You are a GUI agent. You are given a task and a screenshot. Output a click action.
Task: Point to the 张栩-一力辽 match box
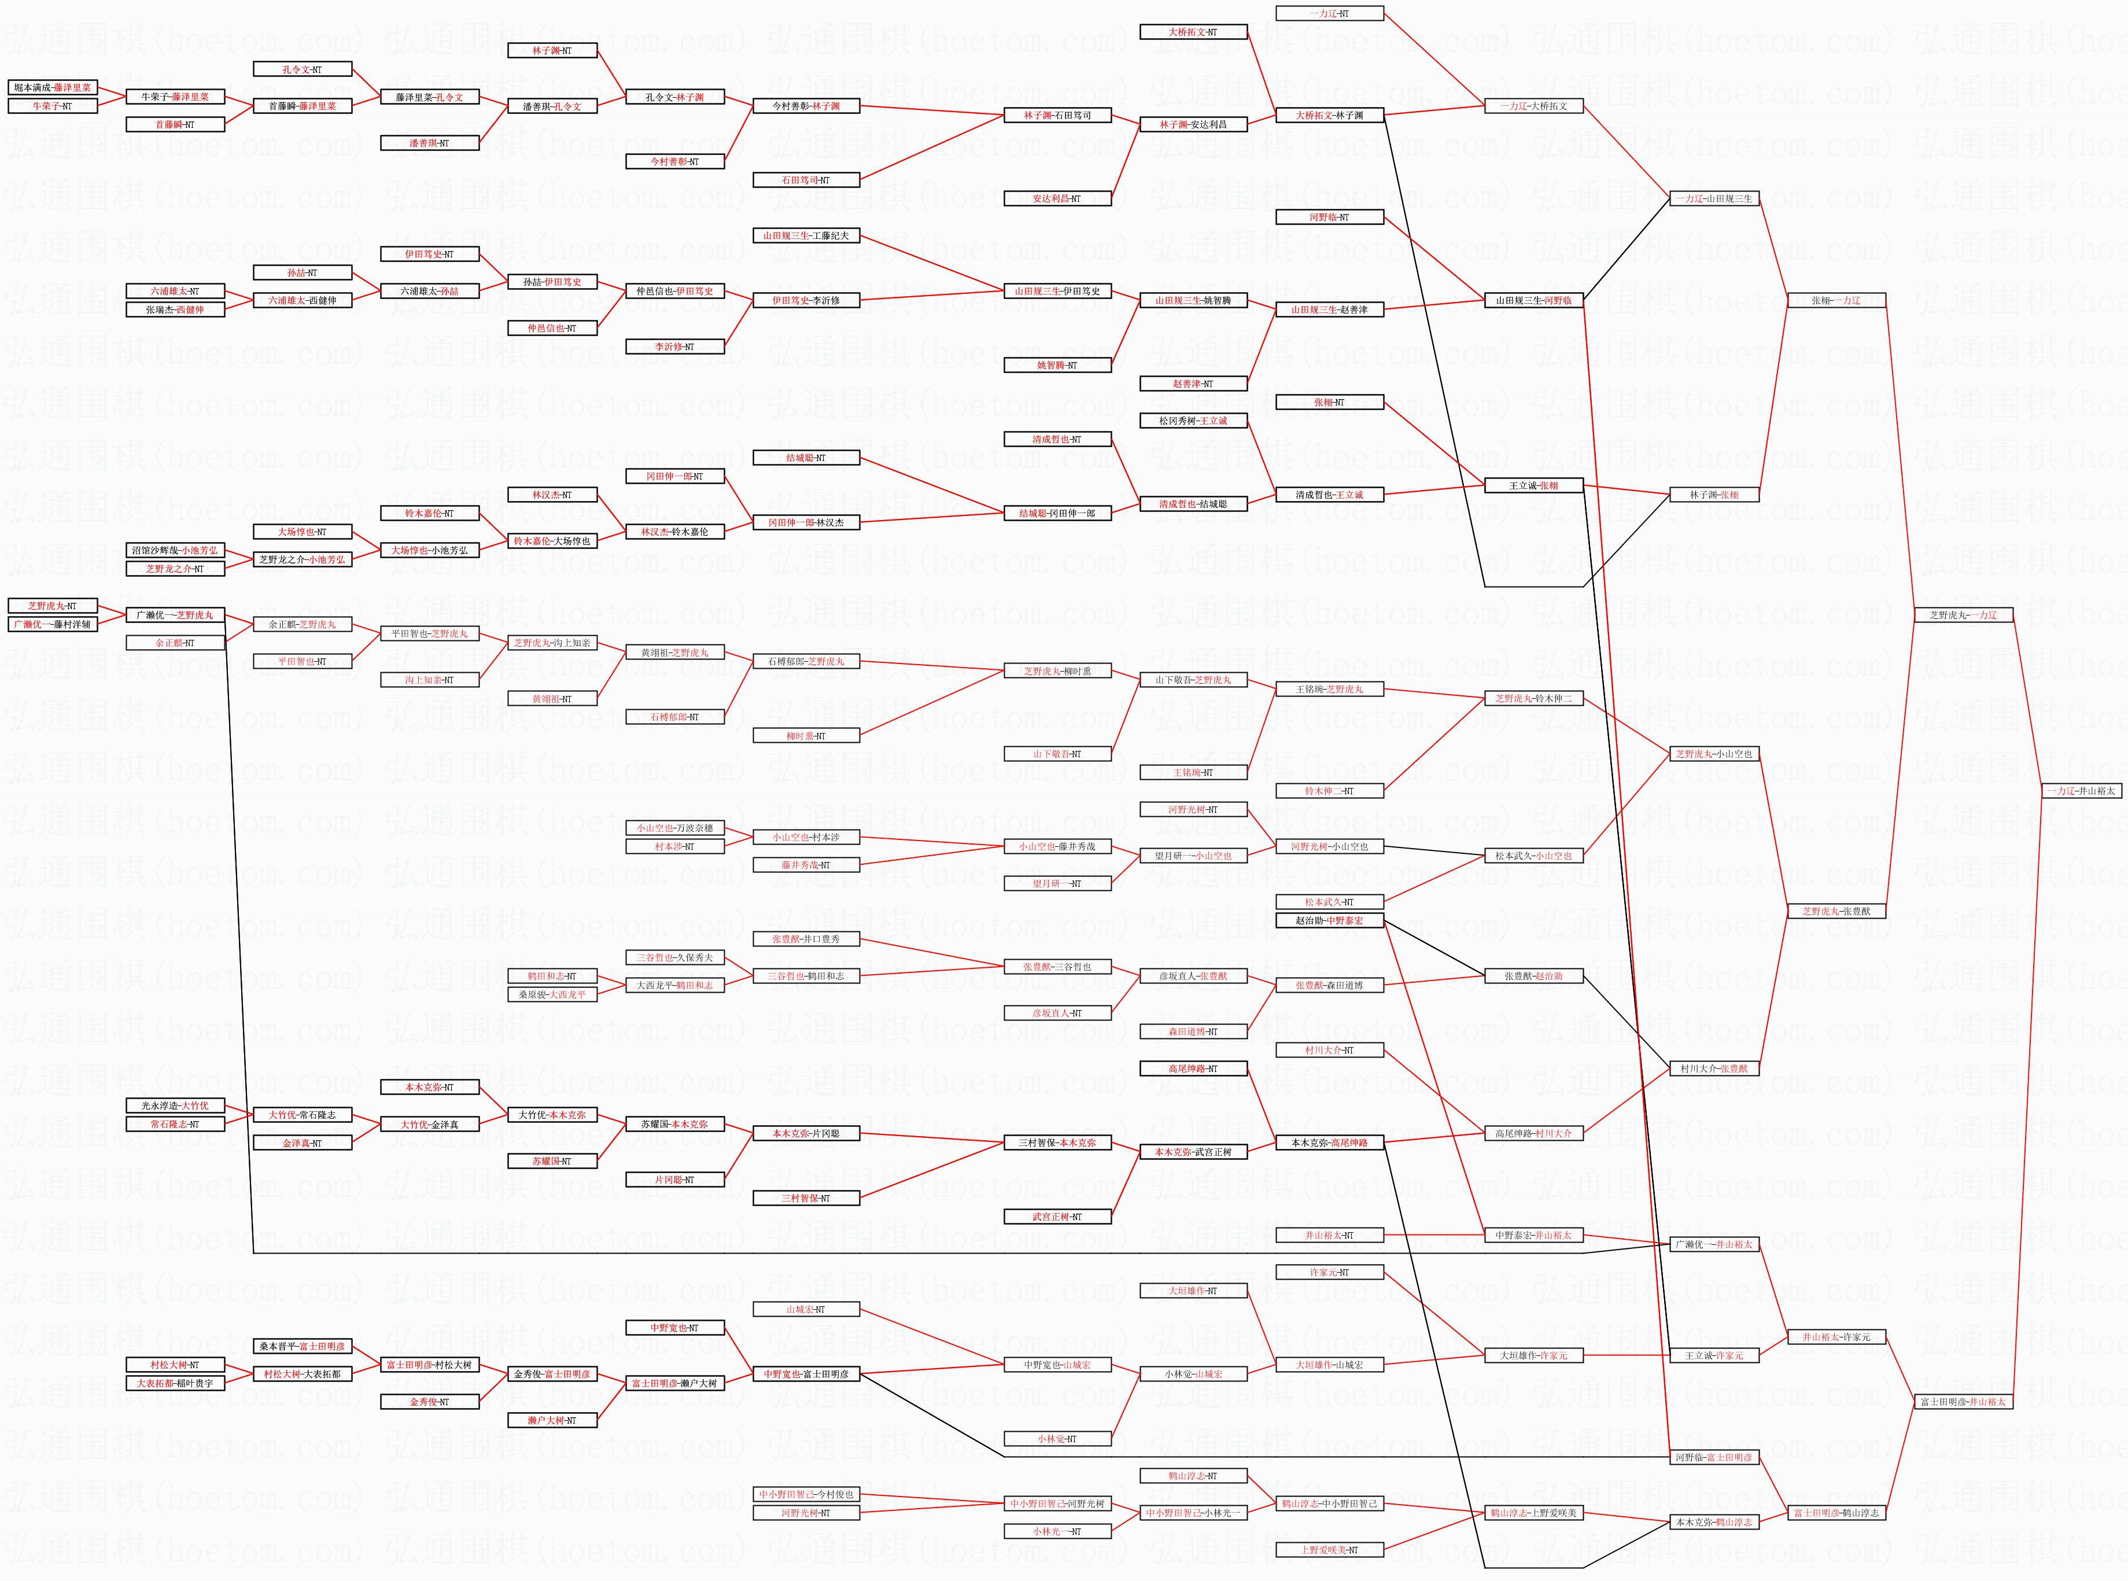(x=1836, y=300)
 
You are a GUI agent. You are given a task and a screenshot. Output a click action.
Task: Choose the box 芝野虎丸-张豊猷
(x=1836, y=911)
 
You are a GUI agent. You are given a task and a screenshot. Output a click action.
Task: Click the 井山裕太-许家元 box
(x=1836, y=1337)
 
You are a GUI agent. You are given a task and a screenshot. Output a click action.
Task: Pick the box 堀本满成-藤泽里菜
(x=53, y=88)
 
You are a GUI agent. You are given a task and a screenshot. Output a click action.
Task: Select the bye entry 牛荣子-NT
(x=53, y=106)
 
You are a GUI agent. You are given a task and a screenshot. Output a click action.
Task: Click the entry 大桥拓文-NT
(x=1193, y=32)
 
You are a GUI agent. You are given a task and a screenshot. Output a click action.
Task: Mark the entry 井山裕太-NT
(x=1329, y=1236)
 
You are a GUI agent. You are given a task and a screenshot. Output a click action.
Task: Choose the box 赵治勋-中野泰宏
(x=1329, y=920)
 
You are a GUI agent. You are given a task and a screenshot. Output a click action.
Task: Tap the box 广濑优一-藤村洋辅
(x=53, y=624)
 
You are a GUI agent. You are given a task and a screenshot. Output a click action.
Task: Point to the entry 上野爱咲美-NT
(x=1329, y=1549)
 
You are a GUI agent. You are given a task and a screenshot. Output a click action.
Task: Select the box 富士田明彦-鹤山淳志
(x=1836, y=1513)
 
